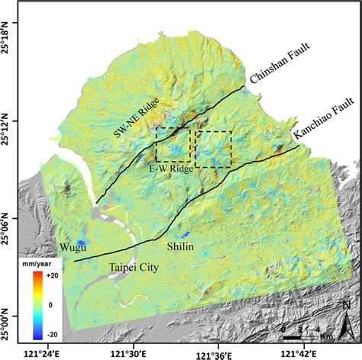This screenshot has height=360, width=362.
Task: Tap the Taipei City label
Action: pyautogui.click(x=126, y=268)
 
